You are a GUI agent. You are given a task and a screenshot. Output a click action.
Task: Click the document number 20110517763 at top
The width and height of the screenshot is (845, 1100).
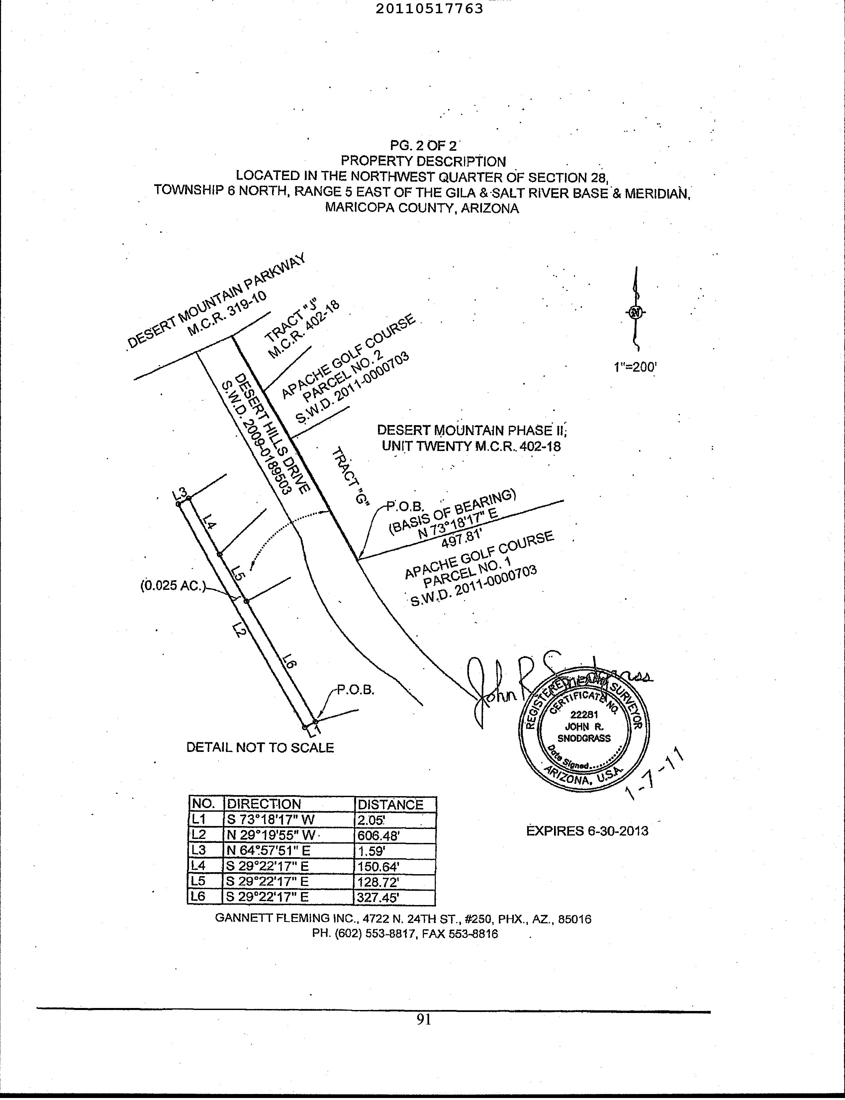click(x=429, y=9)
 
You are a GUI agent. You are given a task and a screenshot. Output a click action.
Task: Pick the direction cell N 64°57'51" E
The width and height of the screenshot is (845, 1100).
click(x=268, y=851)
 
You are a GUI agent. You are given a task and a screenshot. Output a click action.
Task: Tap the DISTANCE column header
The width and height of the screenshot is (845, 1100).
click(x=390, y=805)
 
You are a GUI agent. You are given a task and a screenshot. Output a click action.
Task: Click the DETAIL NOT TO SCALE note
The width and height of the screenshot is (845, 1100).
click(x=260, y=747)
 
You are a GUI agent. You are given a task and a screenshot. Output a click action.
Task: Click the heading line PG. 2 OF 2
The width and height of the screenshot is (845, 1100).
click(x=423, y=146)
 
